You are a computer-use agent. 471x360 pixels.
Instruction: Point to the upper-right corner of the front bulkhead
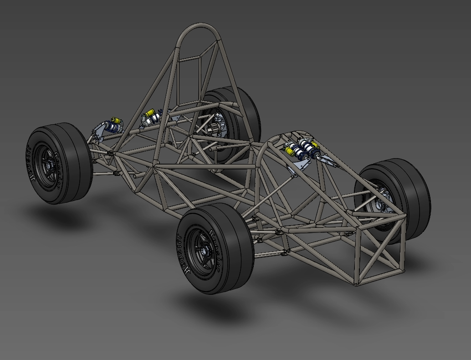click(x=405, y=218)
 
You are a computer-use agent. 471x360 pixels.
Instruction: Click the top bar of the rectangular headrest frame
click(x=190, y=58)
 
